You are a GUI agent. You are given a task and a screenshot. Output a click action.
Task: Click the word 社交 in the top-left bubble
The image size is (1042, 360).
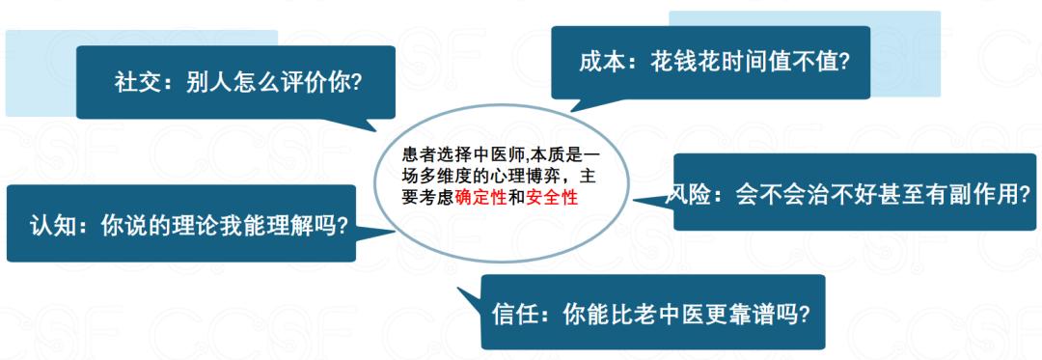[134, 83]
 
